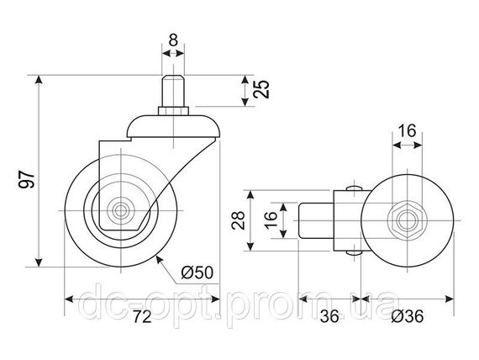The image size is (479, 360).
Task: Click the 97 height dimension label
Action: (27, 179)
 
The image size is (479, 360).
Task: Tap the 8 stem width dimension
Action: (173, 40)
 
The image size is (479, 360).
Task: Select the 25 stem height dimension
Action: (262, 89)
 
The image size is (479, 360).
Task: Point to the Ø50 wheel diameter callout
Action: (197, 273)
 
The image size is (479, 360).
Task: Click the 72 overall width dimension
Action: (142, 317)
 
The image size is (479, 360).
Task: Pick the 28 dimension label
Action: (239, 220)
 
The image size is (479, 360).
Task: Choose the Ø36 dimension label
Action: (408, 316)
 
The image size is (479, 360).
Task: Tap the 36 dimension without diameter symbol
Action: (330, 316)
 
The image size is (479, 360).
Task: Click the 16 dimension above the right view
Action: (408, 130)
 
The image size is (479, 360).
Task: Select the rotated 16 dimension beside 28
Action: (271, 220)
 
